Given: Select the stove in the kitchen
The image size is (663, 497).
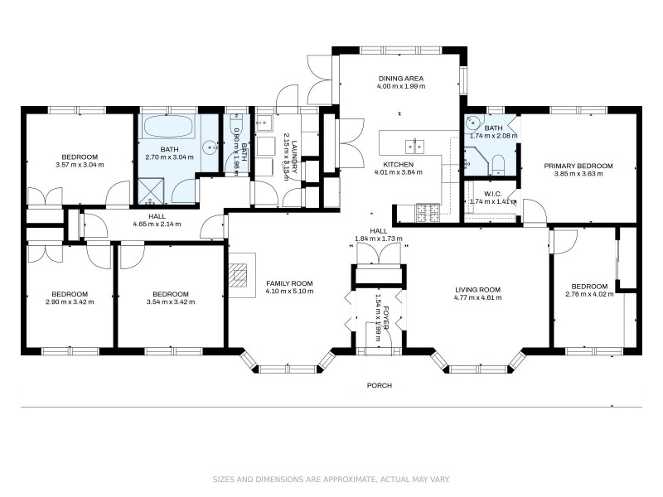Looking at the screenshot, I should (x=427, y=213).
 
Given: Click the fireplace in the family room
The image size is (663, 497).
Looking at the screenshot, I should (x=240, y=275).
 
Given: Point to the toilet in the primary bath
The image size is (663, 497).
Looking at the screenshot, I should (x=498, y=162).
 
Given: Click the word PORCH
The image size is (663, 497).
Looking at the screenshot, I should (x=380, y=385).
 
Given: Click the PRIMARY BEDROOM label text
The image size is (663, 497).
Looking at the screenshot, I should (x=578, y=166).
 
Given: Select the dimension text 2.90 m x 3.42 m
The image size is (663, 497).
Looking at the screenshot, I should (x=70, y=302).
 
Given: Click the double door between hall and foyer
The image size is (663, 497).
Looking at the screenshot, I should (x=378, y=253).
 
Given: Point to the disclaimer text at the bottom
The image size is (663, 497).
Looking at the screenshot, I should (x=331, y=479).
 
